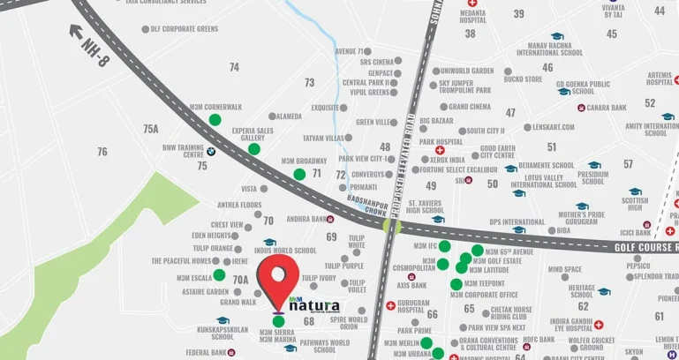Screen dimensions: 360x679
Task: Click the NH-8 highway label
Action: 94,47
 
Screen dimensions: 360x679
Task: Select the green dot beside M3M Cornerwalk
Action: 215,119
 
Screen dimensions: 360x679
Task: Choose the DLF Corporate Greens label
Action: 185,29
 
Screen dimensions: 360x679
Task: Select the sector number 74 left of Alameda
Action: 234,67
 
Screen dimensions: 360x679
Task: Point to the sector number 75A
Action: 151,129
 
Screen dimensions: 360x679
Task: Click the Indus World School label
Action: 284,251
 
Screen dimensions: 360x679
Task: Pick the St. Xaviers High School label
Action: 426,206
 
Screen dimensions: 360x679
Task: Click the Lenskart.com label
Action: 554,127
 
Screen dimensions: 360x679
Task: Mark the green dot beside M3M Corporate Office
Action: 456,284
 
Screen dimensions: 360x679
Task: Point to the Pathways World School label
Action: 325,346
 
